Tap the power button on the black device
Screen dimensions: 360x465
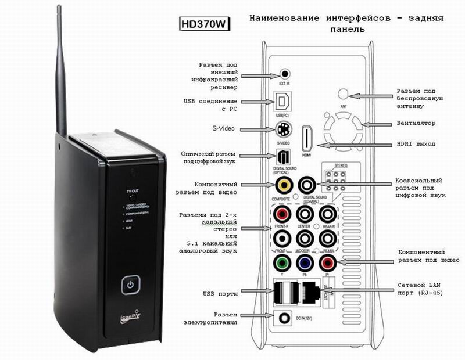click(131, 286)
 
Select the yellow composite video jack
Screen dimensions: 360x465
click(284, 186)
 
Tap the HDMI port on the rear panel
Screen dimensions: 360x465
click(307, 141)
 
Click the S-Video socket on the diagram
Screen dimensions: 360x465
click(284, 129)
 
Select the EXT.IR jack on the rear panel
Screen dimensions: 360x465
click(285, 74)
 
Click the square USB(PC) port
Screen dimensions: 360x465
click(284, 102)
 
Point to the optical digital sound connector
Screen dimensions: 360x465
click(284, 158)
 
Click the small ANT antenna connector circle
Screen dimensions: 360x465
click(343, 93)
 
